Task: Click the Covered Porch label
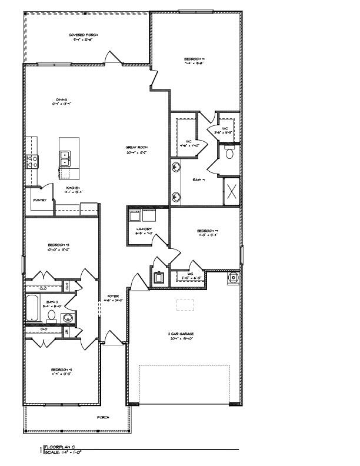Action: [83, 35]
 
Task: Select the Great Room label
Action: [135, 148]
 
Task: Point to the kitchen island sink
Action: [65, 157]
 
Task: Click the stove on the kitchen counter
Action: [31, 159]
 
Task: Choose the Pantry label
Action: [39, 200]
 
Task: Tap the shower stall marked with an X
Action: [231, 191]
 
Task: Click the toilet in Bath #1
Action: [230, 153]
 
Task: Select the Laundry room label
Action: [145, 229]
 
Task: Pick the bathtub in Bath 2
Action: [32, 307]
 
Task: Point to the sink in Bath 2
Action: [68, 318]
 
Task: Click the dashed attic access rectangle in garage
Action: [185, 304]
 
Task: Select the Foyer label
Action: [113, 295]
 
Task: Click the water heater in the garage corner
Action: [233, 277]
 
